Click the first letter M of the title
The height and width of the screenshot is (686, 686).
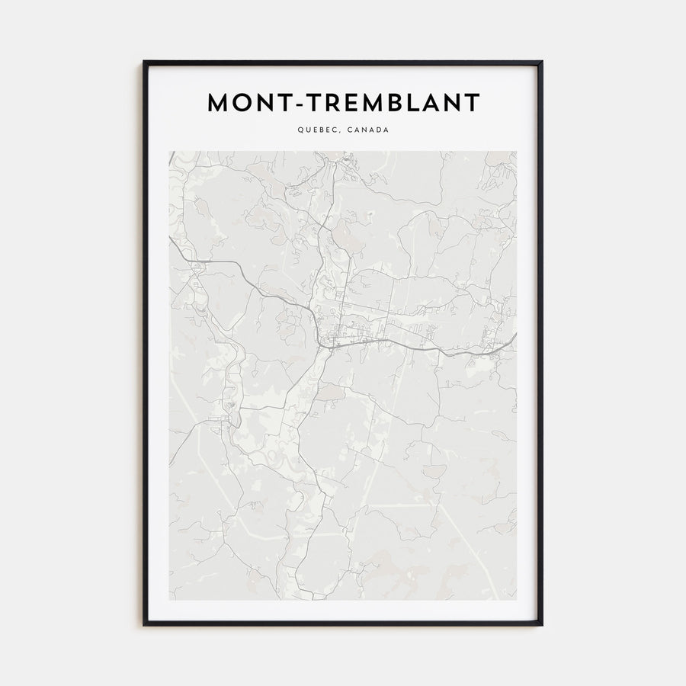pos(220,104)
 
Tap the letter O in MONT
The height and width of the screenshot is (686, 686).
pos(247,104)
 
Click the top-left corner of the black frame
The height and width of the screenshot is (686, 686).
pos(144,62)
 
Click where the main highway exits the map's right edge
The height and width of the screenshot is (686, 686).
pos(516,333)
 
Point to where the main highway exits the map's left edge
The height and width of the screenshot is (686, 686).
pos(170,242)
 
